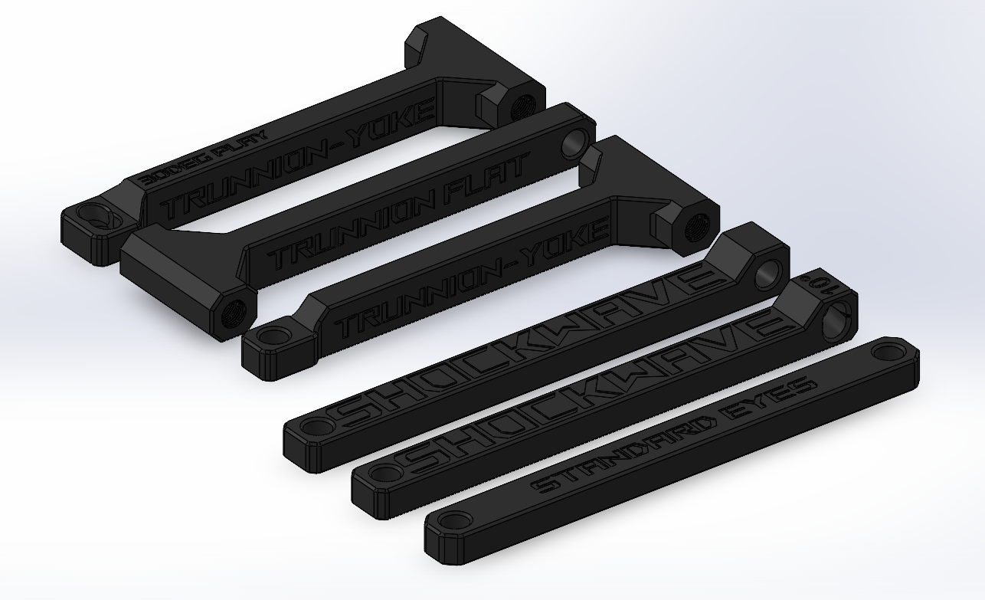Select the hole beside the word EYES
888,352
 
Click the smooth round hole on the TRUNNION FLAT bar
572,143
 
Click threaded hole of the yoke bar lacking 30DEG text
698,228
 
